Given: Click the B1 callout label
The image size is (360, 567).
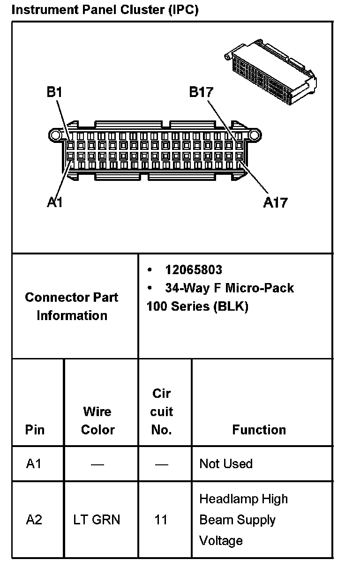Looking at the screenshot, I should point(54,92).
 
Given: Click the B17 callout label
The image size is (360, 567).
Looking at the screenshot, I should point(201,92).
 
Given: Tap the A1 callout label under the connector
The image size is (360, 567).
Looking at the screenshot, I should point(55,202).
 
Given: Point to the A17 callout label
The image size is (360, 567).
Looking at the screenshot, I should point(275,202).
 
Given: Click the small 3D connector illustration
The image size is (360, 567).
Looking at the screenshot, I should point(270,73).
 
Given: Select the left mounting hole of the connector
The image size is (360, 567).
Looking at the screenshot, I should point(55,136).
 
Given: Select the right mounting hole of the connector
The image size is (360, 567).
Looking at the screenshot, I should point(255,136).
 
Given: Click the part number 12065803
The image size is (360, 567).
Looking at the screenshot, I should point(194,270).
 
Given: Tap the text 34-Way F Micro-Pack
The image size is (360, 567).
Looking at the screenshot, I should point(229,288).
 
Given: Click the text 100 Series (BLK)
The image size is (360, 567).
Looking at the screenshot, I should point(197,306).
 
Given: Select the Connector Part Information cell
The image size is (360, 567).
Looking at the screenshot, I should point(72,306).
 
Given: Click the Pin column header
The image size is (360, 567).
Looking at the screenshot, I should point(35,430).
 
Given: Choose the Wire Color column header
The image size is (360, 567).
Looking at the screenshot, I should point(97,420).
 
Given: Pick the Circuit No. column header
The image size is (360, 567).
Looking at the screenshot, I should point(162,411).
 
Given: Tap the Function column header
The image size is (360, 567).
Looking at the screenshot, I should point(259,430).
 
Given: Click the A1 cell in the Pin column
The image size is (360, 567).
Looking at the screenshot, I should point(34,464).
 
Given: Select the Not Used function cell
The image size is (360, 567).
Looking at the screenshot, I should point(226,464).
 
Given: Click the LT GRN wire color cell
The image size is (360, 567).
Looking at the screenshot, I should point(97,520).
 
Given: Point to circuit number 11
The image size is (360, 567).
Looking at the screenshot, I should point(161,520).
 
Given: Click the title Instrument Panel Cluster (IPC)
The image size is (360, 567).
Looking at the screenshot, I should point(105,9).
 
